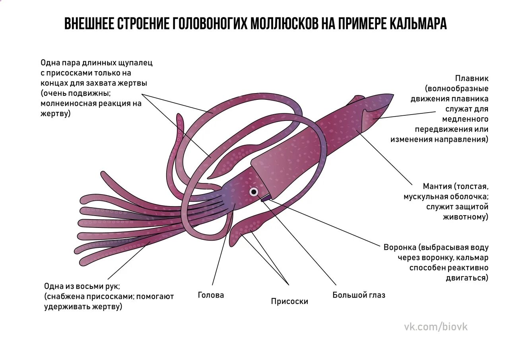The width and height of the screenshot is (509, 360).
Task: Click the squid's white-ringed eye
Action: (x=254, y=192)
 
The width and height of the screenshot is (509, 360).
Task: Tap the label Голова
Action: (x=211, y=295)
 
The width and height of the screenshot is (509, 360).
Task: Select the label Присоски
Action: (x=289, y=302)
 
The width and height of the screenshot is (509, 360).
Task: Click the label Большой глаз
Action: (x=359, y=295)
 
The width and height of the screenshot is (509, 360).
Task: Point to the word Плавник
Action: (x=472, y=78)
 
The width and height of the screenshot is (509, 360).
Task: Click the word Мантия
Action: (x=437, y=186)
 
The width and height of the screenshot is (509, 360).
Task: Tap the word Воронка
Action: (x=399, y=247)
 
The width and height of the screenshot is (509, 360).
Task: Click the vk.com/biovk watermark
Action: (x=436, y=327)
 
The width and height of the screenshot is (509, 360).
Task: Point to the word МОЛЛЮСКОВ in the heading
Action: (x=284, y=24)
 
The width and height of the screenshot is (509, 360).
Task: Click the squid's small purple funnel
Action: (x=265, y=198)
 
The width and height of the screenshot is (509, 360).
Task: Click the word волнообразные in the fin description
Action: (x=457, y=89)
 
